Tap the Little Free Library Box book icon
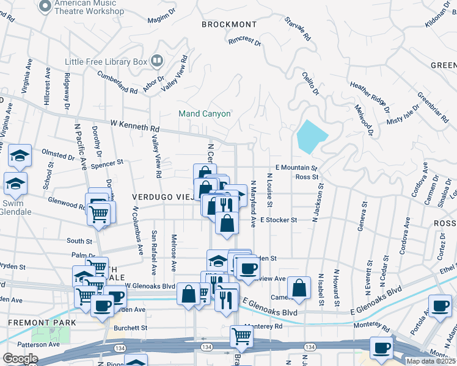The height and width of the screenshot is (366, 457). (x=157, y=61)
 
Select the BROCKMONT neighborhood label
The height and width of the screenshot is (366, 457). (x=229, y=24)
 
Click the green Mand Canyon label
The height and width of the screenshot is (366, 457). (x=204, y=113)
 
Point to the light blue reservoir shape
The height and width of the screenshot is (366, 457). (x=312, y=136)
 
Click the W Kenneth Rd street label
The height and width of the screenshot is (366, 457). (x=134, y=126)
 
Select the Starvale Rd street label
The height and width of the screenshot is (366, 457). (x=298, y=29)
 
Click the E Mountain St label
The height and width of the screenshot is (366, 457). (x=296, y=167)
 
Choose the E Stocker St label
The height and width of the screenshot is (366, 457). (x=278, y=220)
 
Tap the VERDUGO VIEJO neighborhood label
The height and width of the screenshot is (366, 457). (x=161, y=197)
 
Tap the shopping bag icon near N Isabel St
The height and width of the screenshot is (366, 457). (x=299, y=289)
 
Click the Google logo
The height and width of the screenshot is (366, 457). (x=20, y=359)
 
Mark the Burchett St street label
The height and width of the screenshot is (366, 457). (x=130, y=328)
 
